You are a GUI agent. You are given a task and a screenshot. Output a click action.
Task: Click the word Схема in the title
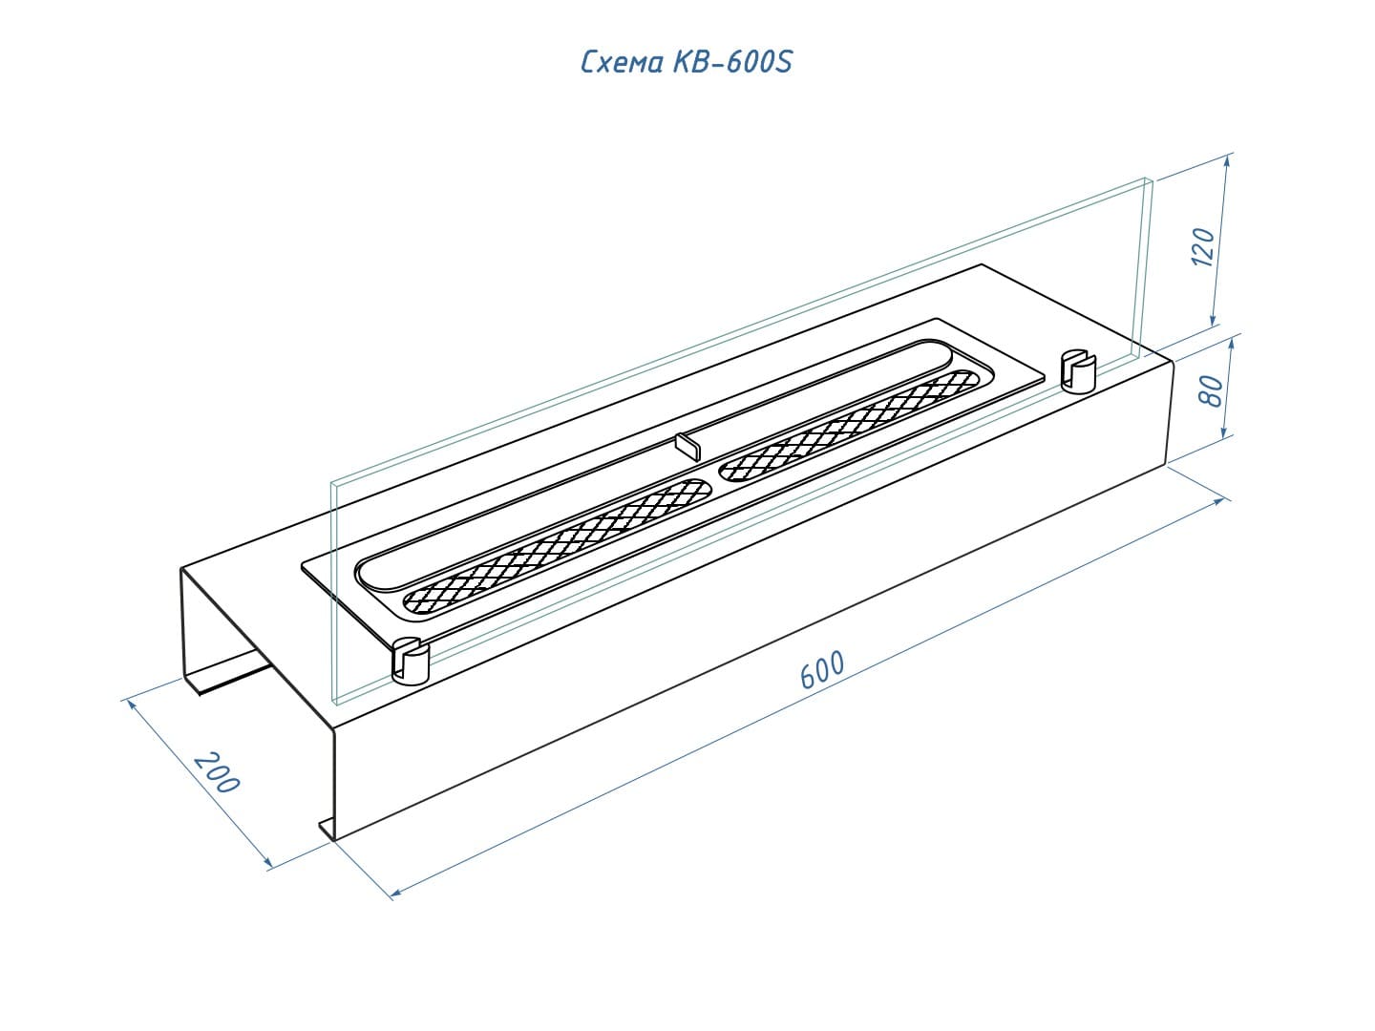(621, 63)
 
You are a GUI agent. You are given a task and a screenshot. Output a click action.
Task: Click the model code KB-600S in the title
(732, 62)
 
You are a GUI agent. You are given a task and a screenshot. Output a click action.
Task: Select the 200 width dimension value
(216, 772)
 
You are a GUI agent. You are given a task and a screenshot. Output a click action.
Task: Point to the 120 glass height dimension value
(1203, 246)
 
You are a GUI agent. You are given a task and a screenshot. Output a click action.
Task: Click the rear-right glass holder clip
(1078, 371)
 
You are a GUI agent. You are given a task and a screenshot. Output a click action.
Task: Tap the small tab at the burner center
(687, 447)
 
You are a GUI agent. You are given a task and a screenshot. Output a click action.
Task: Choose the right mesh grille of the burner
(850, 427)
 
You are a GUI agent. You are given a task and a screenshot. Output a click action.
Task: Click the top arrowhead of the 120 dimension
(1227, 161)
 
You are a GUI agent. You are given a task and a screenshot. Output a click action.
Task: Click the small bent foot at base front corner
(327, 829)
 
